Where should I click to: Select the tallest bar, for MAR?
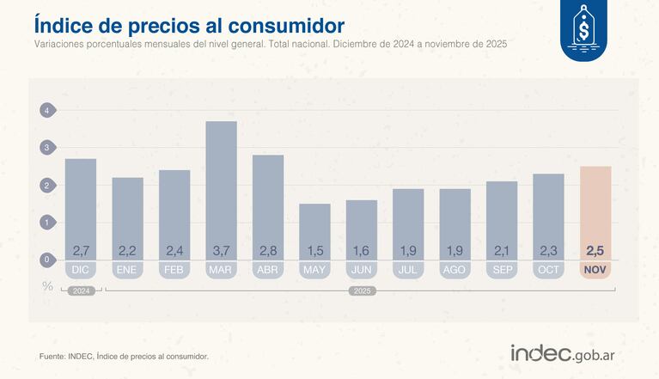pos(221,185)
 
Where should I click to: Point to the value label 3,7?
pos(221,251)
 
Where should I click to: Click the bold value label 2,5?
pos(595,251)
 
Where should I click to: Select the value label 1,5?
pos(314,251)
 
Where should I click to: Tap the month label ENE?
pos(127,270)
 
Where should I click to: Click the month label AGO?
pos(455,270)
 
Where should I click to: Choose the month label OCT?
pos(548,270)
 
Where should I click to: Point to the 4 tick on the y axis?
pos(48,110)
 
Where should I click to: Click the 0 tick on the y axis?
pos(48,260)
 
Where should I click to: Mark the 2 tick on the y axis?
pos(48,185)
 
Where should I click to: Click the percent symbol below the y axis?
pos(48,286)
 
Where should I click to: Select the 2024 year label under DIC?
pos(81,291)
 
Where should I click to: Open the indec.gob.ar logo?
pos(567,352)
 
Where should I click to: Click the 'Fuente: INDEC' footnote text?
pos(124,356)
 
